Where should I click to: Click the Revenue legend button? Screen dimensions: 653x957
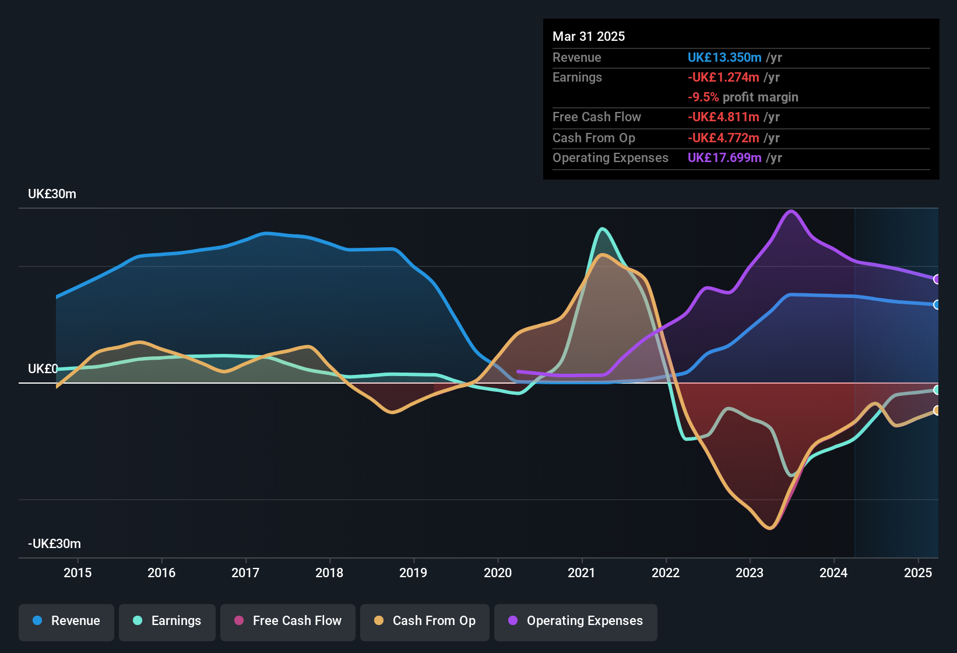(x=66, y=622)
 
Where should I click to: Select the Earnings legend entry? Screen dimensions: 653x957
(x=167, y=622)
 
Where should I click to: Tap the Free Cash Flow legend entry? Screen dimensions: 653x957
(x=288, y=622)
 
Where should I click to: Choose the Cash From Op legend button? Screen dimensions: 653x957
(x=425, y=622)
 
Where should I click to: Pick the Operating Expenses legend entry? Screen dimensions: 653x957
(x=576, y=622)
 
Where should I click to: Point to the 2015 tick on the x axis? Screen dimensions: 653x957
(x=78, y=573)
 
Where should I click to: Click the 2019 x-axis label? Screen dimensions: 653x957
(x=413, y=573)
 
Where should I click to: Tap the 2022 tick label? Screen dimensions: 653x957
(x=666, y=573)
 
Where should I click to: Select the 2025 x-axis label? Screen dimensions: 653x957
(x=917, y=573)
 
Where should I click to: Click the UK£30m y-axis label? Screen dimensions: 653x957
(x=52, y=194)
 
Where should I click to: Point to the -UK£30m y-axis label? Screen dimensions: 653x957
(x=54, y=544)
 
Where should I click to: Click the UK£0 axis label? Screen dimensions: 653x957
(x=43, y=369)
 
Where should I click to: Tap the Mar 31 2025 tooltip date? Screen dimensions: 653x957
(x=589, y=37)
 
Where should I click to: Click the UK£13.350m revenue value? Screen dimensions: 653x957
(x=724, y=58)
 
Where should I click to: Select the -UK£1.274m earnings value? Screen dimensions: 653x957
(x=723, y=78)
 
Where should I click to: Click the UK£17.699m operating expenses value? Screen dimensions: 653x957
(x=724, y=158)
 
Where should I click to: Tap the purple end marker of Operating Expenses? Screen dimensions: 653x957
(x=937, y=279)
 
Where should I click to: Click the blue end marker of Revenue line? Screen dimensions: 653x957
(x=937, y=305)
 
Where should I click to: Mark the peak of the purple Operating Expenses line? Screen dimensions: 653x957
(x=791, y=211)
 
